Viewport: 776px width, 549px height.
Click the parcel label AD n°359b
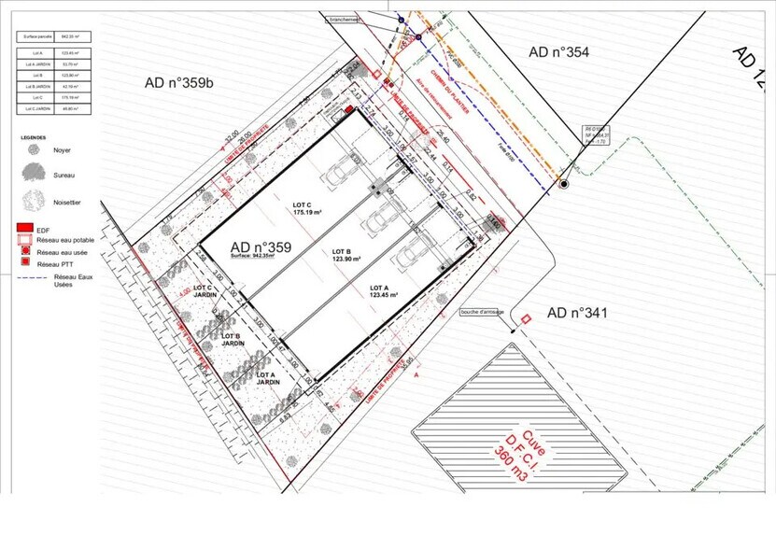(x=179, y=83)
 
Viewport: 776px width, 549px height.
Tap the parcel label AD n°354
(x=558, y=52)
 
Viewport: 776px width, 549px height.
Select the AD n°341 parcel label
(x=577, y=313)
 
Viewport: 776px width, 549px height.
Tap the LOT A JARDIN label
(x=269, y=377)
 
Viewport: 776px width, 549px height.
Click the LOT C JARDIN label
(x=205, y=291)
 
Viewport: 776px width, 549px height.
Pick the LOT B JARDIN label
(x=233, y=339)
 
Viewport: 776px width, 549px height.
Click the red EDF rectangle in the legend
(x=26, y=228)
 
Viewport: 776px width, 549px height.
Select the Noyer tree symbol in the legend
(x=34, y=149)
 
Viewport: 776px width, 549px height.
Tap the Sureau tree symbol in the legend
(x=34, y=173)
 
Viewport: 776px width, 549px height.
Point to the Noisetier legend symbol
(x=34, y=200)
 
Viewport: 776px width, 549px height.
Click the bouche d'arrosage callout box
(x=482, y=312)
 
